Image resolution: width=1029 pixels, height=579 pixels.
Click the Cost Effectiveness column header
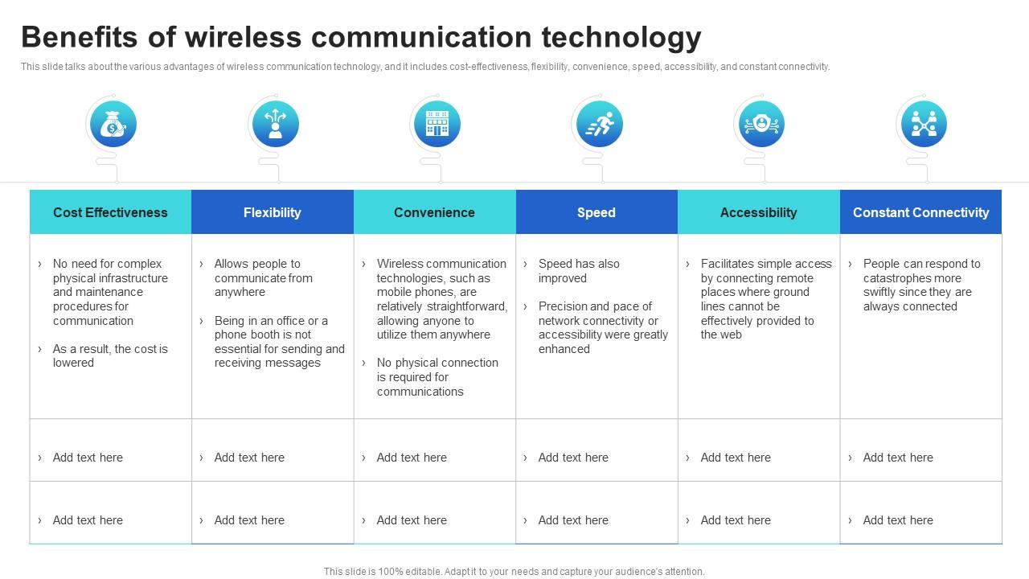coord(110,212)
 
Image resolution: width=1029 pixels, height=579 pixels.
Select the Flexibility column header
coord(272,212)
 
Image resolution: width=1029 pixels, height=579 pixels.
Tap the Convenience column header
coord(434,212)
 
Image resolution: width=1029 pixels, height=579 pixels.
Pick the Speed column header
coord(596,212)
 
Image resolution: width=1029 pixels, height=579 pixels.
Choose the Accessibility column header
coord(758,212)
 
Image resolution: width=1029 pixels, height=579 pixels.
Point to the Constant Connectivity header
coord(920,212)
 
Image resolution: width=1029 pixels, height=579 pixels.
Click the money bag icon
coord(113,124)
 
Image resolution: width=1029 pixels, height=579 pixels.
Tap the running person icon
coord(600,124)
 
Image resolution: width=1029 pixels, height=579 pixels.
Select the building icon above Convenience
coord(437,124)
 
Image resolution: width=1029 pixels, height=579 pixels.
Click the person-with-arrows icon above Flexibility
coord(275,124)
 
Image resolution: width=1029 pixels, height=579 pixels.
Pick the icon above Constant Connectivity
coord(924,124)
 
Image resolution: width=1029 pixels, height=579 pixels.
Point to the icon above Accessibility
coord(761,124)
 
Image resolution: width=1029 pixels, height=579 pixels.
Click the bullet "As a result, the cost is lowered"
coord(110,355)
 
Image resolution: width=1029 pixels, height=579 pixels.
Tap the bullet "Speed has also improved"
coord(579,271)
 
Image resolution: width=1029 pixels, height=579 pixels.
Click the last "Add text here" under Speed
coord(573,520)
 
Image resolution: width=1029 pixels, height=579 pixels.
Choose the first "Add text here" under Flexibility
coord(249,458)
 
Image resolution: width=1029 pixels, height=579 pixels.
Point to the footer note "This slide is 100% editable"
coord(514,572)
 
